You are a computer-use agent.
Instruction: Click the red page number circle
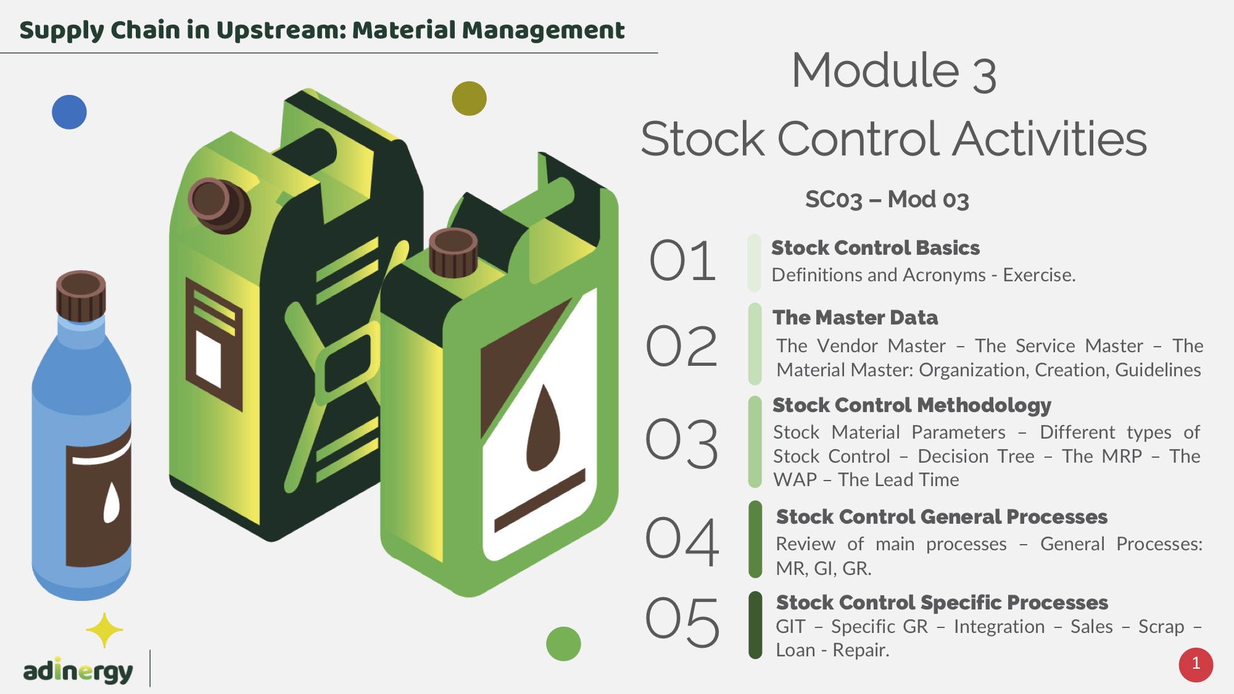click(1196, 664)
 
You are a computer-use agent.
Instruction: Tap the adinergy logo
click(78, 671)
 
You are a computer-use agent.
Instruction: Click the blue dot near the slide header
click(69, 112)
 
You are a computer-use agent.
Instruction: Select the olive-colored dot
click(469, 99)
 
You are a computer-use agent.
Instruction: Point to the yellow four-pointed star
click(104, 630)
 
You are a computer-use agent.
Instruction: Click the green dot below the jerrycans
click(563, 643)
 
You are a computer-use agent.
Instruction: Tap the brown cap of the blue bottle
click(81, 295)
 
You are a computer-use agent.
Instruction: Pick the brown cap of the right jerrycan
click(453, 252)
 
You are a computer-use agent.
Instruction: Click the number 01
click(682, 261)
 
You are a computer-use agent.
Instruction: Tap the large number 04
click(682, 541)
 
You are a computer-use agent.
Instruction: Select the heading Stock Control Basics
click(876, 248)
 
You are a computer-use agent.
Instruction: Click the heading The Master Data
click(855, 318)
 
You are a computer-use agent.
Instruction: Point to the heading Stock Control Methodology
click(912, 405)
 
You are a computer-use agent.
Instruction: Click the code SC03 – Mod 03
click(887, 199)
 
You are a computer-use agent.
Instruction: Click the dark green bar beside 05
click(755, 625)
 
